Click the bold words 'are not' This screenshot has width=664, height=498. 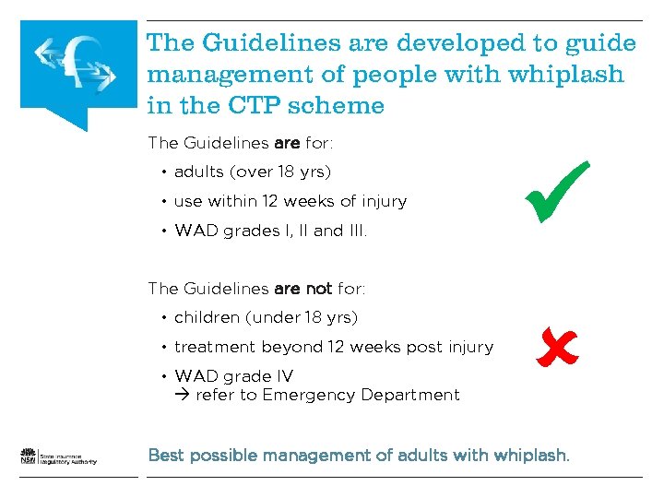tap(303, 289)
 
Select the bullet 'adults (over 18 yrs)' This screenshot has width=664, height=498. tap(252, 172)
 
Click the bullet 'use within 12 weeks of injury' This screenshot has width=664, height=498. tap(290, 201)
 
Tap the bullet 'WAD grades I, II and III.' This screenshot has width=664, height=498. tap(270, 231)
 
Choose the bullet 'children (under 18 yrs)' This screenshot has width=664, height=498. tap(266, 317)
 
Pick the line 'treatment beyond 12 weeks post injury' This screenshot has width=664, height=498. tap(333, 347)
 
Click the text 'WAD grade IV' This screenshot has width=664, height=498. tap(233, 376)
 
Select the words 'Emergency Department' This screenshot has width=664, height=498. tap(361, 395)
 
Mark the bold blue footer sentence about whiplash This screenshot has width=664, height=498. tap(359, 456)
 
